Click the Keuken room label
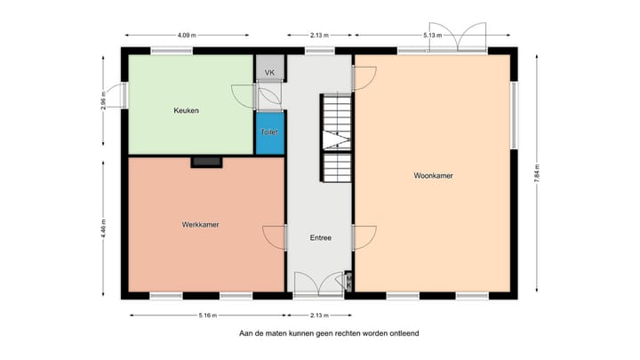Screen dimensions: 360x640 coord(186,111)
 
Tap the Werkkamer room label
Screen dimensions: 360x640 coord(200,225)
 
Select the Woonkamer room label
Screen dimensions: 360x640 coord(433,176)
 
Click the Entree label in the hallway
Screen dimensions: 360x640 coord(320,238)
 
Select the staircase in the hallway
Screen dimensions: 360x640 coord(337,139)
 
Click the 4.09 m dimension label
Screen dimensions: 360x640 coord(186,36)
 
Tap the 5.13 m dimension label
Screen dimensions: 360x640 coord(433,36)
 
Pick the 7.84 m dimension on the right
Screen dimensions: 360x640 coord(539,175)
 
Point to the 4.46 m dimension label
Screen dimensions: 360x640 coord(104,228)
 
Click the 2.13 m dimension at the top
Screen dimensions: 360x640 coord(320,36)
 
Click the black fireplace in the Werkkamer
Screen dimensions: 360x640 coord(206,162)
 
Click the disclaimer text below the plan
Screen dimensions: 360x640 coord(328,334)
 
